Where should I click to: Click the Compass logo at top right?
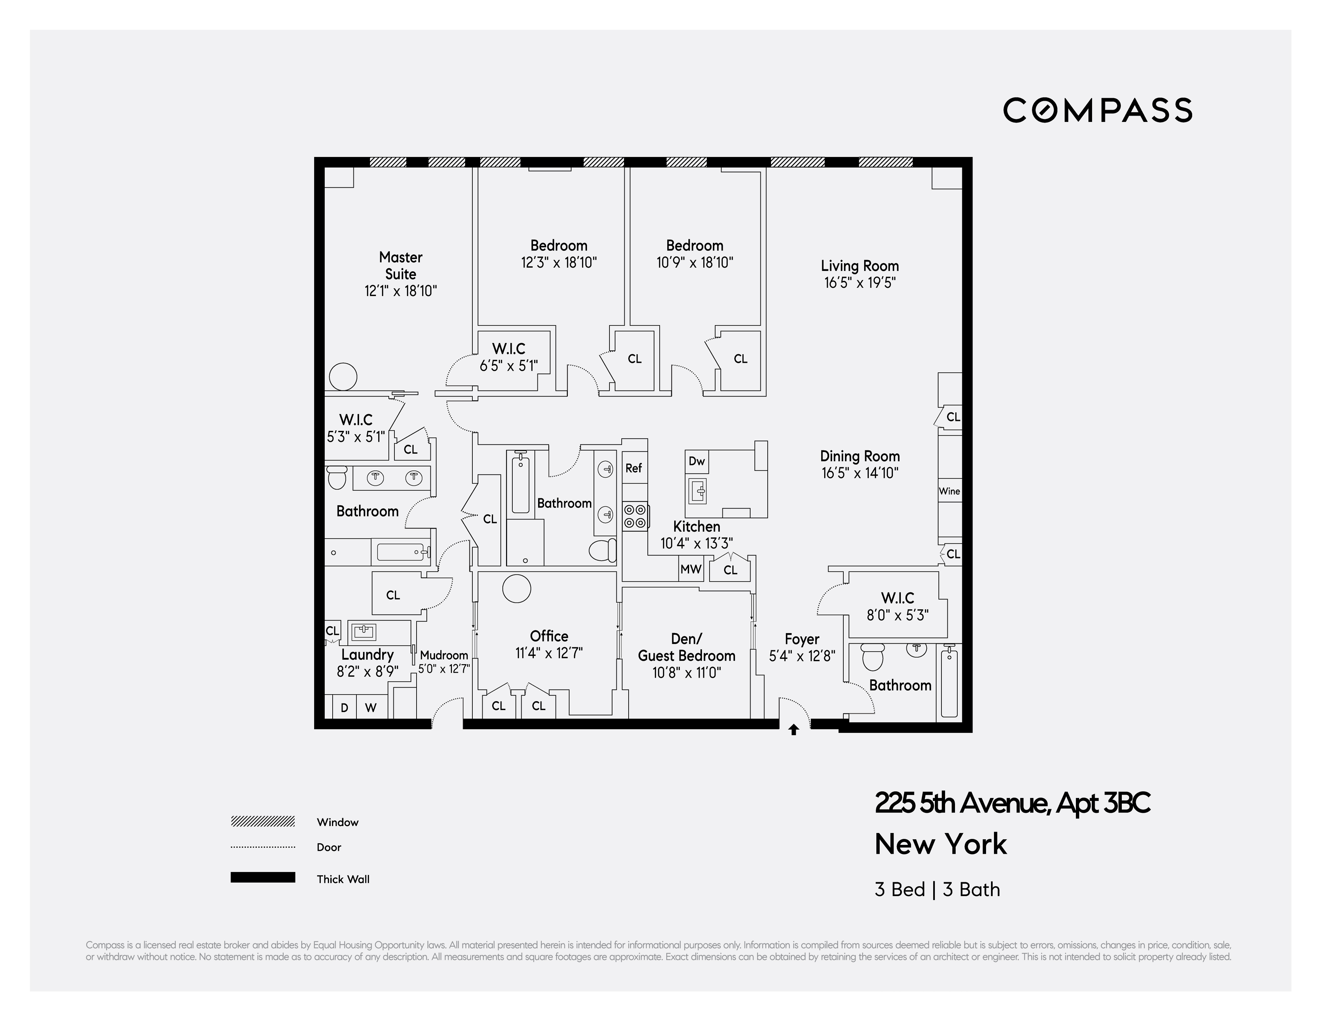click(x=1097, y=110)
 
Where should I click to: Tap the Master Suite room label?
click(x=400, y=266)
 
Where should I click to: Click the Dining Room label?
click(x=860, y=456)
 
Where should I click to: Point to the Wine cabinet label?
click(x=949, y=491)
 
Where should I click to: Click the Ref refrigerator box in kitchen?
click(x=633, y=467)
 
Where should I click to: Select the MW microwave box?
click(x=690, y=569)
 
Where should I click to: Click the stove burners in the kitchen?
click(x=635, y=516)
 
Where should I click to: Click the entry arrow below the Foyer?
click(x=793, y=730)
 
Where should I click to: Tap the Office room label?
click(x=549, y=636)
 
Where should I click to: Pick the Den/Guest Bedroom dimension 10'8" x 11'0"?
click(x=686, y=673)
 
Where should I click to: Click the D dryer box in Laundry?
click(x=344, y=707)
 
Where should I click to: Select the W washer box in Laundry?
click(x=371, y=707)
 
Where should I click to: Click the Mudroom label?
click(x=444, y=655)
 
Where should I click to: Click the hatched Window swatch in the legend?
click(x=263, y=821)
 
